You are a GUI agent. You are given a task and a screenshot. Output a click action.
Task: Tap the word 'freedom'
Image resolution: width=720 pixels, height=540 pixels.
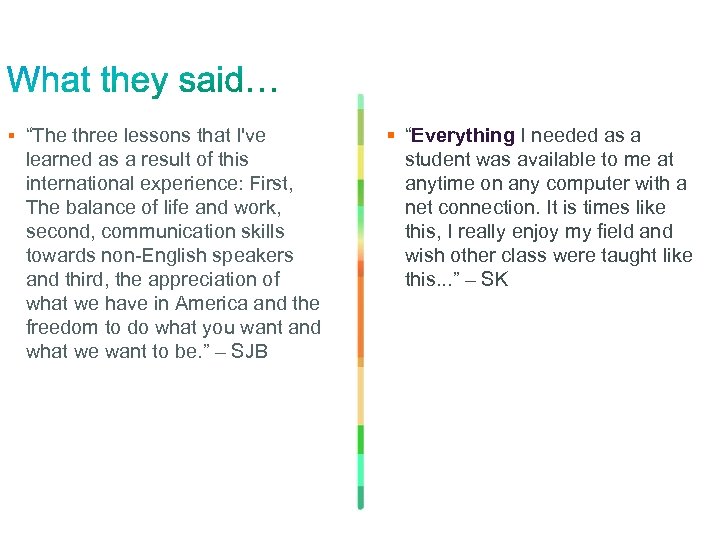pos(60,328)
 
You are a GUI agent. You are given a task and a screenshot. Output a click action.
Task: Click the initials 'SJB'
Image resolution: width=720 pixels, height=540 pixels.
pos(249,352)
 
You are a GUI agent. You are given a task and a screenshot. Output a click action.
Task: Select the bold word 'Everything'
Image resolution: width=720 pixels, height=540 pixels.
pos(462,136)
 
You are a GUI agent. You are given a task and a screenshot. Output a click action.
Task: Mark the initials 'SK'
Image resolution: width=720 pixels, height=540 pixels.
pos(494,280)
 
